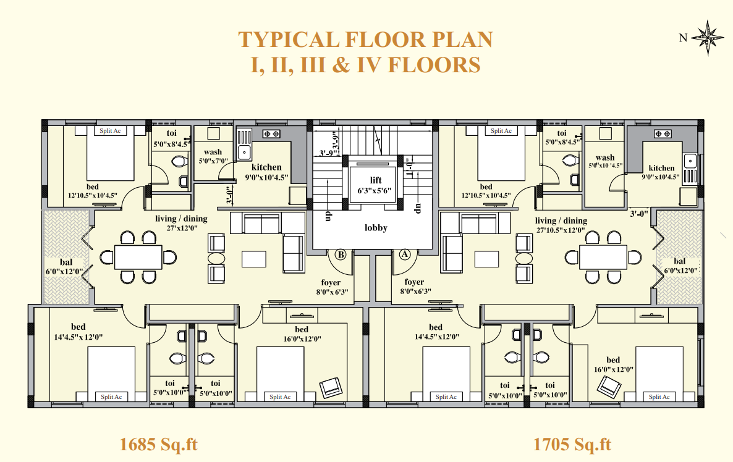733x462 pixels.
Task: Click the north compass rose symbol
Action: [x=707, y=38]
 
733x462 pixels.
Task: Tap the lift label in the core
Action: [x=375, y=180]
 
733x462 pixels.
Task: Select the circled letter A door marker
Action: [x=405, y=254]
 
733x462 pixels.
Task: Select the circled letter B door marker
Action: [x=341, y=254]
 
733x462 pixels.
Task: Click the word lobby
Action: [x=376, y=228]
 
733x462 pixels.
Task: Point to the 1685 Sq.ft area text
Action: [x=158, y=444]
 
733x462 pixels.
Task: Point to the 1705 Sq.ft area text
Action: [x=572, y=444]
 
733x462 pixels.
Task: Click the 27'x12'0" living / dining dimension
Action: [x=182, y=228]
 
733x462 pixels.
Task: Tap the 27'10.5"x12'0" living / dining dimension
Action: [x=561, y=230]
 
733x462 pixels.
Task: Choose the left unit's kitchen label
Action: [x=266, y=167]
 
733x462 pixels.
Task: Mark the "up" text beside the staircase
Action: [x=328, y=216]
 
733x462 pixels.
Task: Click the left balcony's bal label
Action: [x=66, y=262]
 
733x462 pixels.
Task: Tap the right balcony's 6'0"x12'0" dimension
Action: [x=681, y=270]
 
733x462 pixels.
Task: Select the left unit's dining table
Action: [x=138, y=257]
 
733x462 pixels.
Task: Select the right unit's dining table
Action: [x=603, y=257]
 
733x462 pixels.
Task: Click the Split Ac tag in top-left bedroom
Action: [x=111, y=131]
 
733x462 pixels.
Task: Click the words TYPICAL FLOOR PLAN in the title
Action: [x=365, y=40]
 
